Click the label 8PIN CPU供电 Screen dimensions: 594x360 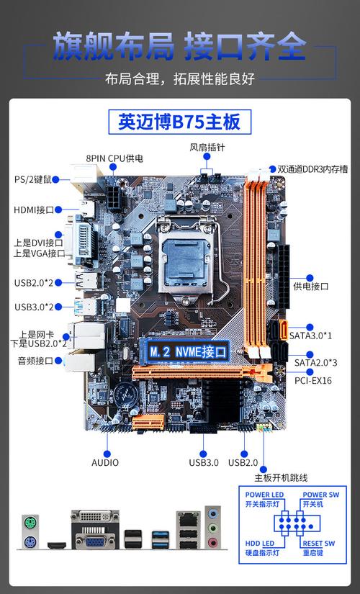[x=114, y=157]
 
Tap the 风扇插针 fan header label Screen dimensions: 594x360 [x=207, y=147]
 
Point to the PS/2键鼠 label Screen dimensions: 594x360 [x=33, y=179]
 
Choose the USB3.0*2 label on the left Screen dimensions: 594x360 [x=34, y=307]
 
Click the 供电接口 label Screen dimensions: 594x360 [x=310, y=286]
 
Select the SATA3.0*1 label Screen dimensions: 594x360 [x=311, y=336]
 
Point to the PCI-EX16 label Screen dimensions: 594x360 [x=313, y=379]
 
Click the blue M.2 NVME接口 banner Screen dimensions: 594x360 [x=188, y=351]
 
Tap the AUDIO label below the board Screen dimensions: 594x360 [x=105, y=462]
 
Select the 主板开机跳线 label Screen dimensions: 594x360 [x=281, y=477]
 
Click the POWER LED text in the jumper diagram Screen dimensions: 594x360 [x=264, y=495]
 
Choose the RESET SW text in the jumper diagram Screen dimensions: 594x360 [x=319, y=543]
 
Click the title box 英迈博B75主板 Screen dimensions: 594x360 [x=179, y=121]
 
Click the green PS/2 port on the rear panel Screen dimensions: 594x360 [x=30, y=521]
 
